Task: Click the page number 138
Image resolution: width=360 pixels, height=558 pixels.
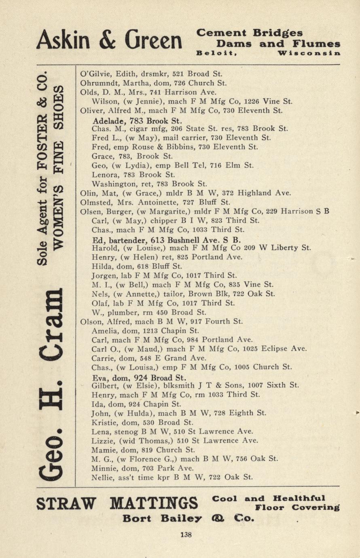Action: [186, 535]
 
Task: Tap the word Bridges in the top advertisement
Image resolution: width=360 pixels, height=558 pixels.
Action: [278, 33]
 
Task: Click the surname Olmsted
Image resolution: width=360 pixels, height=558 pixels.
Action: [95, 202]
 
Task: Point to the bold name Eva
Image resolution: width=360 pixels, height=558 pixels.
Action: [100, 378]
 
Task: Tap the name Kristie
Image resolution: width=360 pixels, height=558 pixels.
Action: [104, 422]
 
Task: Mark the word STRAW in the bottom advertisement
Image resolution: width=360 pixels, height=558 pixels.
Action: [66, 504]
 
